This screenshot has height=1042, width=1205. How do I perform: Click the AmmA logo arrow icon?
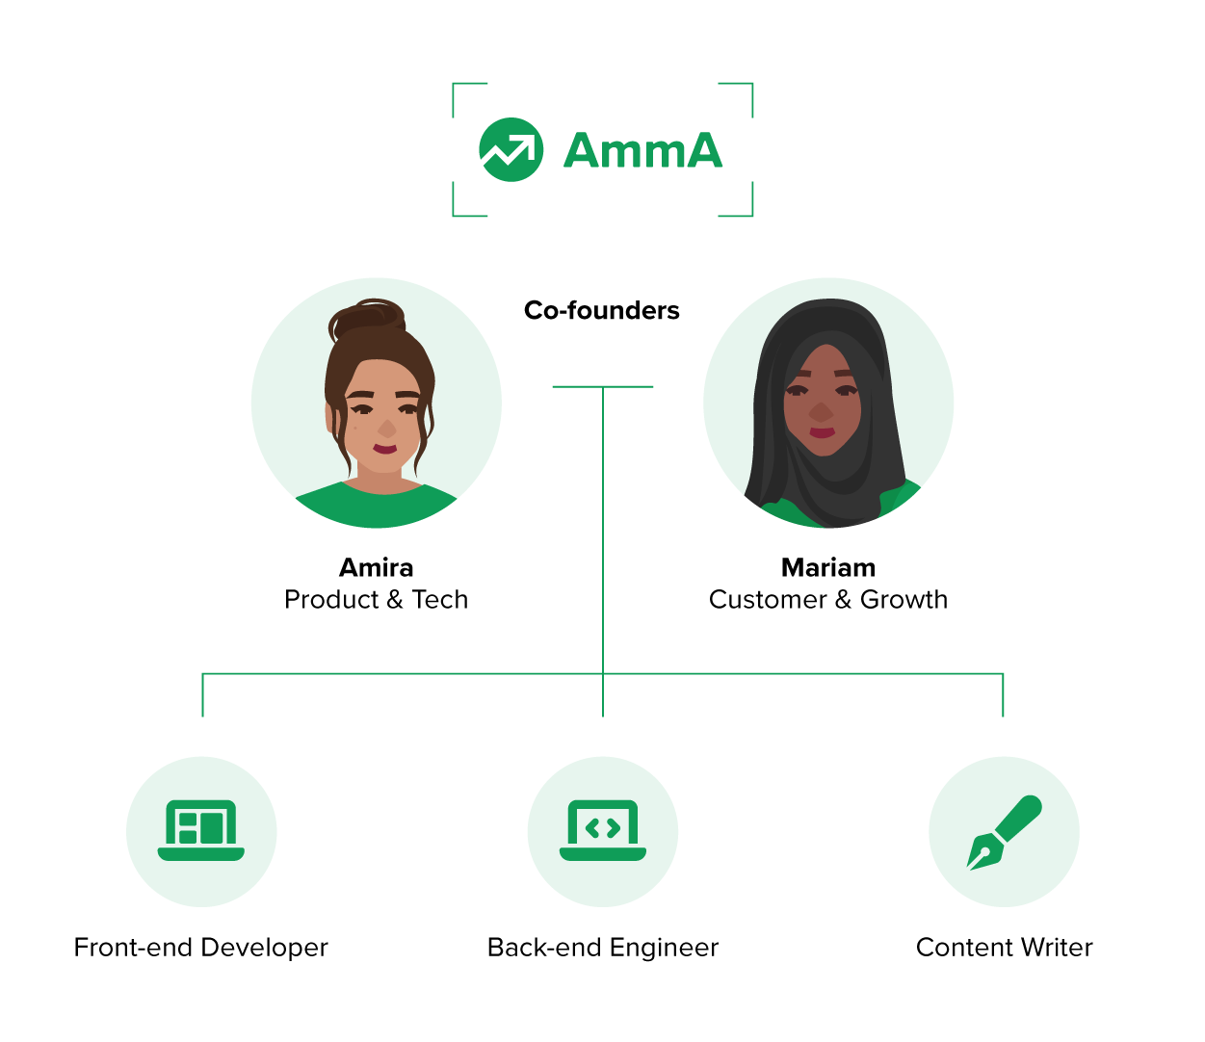pos(511,149)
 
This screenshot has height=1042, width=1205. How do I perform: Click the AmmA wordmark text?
pos(642,150)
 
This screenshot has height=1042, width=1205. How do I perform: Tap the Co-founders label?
pos(602,310)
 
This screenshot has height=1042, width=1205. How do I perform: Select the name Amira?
pos(376,567)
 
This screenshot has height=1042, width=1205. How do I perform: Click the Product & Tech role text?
pos(376,599)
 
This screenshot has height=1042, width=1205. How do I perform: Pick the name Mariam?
pos(827,567)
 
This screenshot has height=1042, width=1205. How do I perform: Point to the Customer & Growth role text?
pos(827,599)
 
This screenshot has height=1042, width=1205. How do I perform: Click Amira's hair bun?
pos(367,319)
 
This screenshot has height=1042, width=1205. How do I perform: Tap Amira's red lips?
pos(384,449)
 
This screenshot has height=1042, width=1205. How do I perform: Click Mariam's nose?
pos(821,411)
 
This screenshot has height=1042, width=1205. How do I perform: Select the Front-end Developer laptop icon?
pos(201,830)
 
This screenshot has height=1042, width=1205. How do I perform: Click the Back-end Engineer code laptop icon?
pos(603,830)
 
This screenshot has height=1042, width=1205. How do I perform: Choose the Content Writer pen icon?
pos(1004,832)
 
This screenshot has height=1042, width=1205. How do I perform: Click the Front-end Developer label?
pos(201,947)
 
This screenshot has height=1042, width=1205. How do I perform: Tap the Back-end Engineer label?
pos(603,947)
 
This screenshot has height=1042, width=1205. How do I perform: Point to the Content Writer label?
pos(1004,947)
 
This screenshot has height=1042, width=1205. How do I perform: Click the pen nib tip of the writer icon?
pos(968,870)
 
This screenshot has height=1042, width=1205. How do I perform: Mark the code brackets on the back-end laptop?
pos(603,828)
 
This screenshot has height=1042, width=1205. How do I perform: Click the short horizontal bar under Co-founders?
pos(603,386)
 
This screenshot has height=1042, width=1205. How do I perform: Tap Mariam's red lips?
pos(822,432)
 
